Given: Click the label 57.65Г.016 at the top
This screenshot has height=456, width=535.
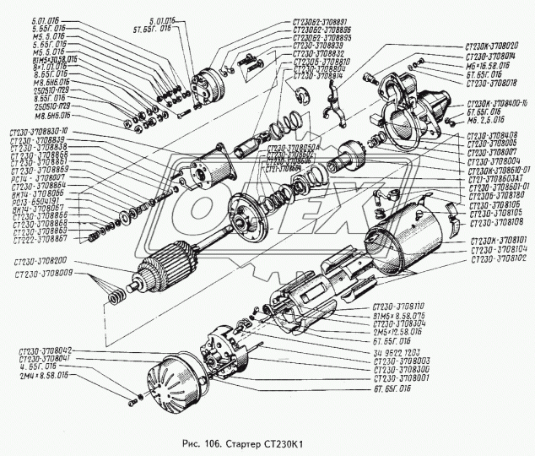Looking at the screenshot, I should (x=176, y=27).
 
